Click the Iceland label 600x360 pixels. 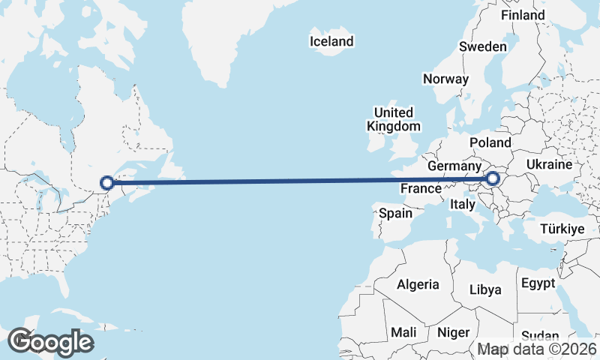tap(331, 41)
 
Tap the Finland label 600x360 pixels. tap(523, 15)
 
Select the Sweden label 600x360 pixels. tap(483, 46)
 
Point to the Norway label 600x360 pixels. tap(445, 79)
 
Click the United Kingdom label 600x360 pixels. tap(394, 119)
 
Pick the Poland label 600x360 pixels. tap(490, 142)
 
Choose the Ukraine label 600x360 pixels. tap(550, 164)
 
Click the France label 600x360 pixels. tap(420, 189)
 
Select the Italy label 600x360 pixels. tap(463, 204)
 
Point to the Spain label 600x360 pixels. tap(395, 213)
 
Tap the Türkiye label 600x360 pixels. tap(559, 229)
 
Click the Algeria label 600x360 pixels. tap(418, 284)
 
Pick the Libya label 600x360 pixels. tap(484, 289)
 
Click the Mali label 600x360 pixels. tap(403, 331)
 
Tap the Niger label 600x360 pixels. tap(453, 331)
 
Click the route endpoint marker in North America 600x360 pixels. tap(107, 182)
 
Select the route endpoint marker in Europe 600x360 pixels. tap(493, 178)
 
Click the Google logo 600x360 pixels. tap(50, 342)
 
